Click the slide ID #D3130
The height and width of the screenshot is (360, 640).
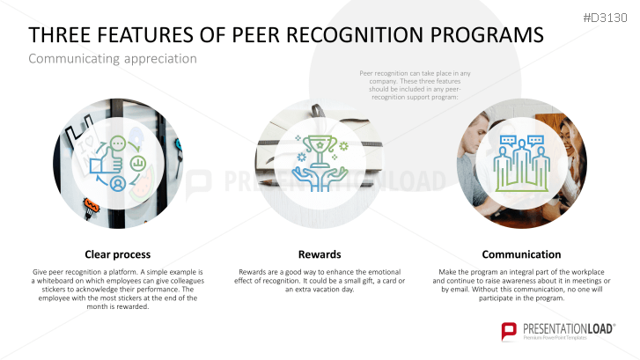pyautogui.click(x=605, y=18)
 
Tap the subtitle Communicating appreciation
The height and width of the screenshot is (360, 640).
pyautogui.click(x=113, y=59)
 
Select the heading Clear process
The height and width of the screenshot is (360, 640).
pyautogui.click(x=118, y=254)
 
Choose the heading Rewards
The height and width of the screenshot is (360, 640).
pyautogui.click(x=320, y=254)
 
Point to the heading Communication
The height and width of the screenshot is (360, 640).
pyautogui.click(x=521, y=254)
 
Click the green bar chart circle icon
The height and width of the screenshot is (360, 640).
pyautogui.click(x=138, y=164)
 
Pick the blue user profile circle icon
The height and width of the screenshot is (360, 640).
pyautogui.click(x=118, y=184)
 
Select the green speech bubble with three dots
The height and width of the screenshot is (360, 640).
pyautogui.click(x=118, y=143)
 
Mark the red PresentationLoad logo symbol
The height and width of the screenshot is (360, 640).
pyautogui.click(x=509, y=331)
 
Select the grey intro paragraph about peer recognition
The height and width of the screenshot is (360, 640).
pyautogui.click(x=415, y=85)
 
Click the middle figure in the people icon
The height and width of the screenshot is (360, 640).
pyautogui.click(x=522, y=161)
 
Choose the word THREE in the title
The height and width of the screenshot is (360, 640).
pyautogui.click(x=56, y=34)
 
